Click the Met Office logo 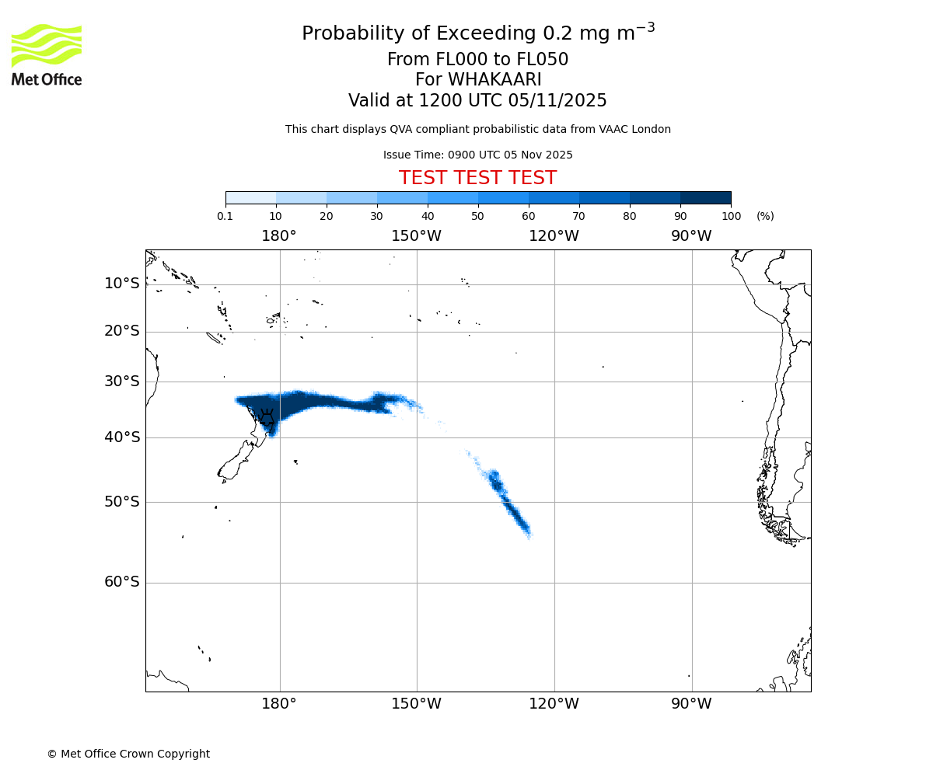coord(47,54)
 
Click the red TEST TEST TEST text coord(477,178)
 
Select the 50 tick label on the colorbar coord(477,216)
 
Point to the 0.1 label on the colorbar coord(225,216)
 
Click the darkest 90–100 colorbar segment coord(705,197)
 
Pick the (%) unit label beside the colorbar coord(765,216)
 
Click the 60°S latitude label coord(122,582)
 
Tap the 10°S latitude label coord(122,284)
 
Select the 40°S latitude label coord(122,437)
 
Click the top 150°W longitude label coord(416,236)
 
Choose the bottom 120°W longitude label coord(554,704)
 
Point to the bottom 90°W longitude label coord(691,704)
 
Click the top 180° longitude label coord(279,236)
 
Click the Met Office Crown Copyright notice coord(128,754)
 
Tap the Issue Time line coord(477,155)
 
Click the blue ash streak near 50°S coord(509,505)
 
